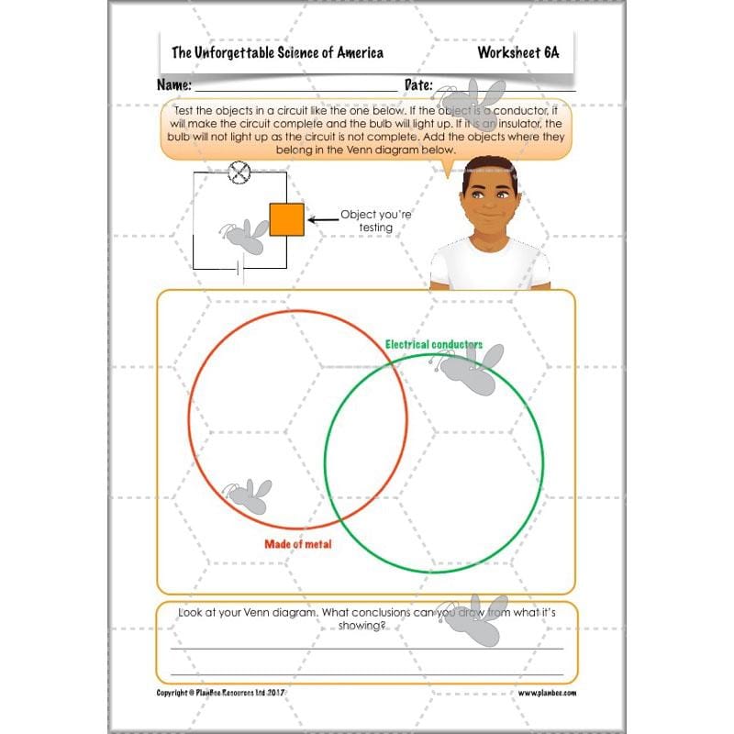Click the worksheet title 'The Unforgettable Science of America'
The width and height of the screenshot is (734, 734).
(277, 52)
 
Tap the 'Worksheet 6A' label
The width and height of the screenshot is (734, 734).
(517, 52)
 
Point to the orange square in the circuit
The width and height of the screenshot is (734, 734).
(286, 220)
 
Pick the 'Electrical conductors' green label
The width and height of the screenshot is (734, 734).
(434, 344)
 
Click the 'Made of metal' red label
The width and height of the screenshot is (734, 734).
(298, 544)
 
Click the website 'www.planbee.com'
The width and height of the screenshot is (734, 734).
(547, 693)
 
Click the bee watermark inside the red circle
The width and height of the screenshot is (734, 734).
(249, 495)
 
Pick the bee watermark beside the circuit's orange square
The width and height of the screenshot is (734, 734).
(243, 237)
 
